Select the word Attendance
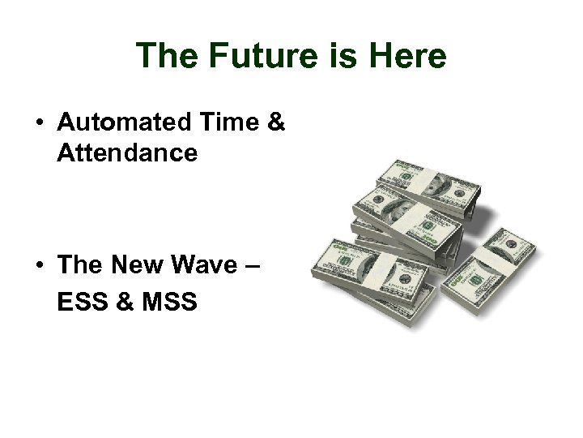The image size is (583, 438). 127,152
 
